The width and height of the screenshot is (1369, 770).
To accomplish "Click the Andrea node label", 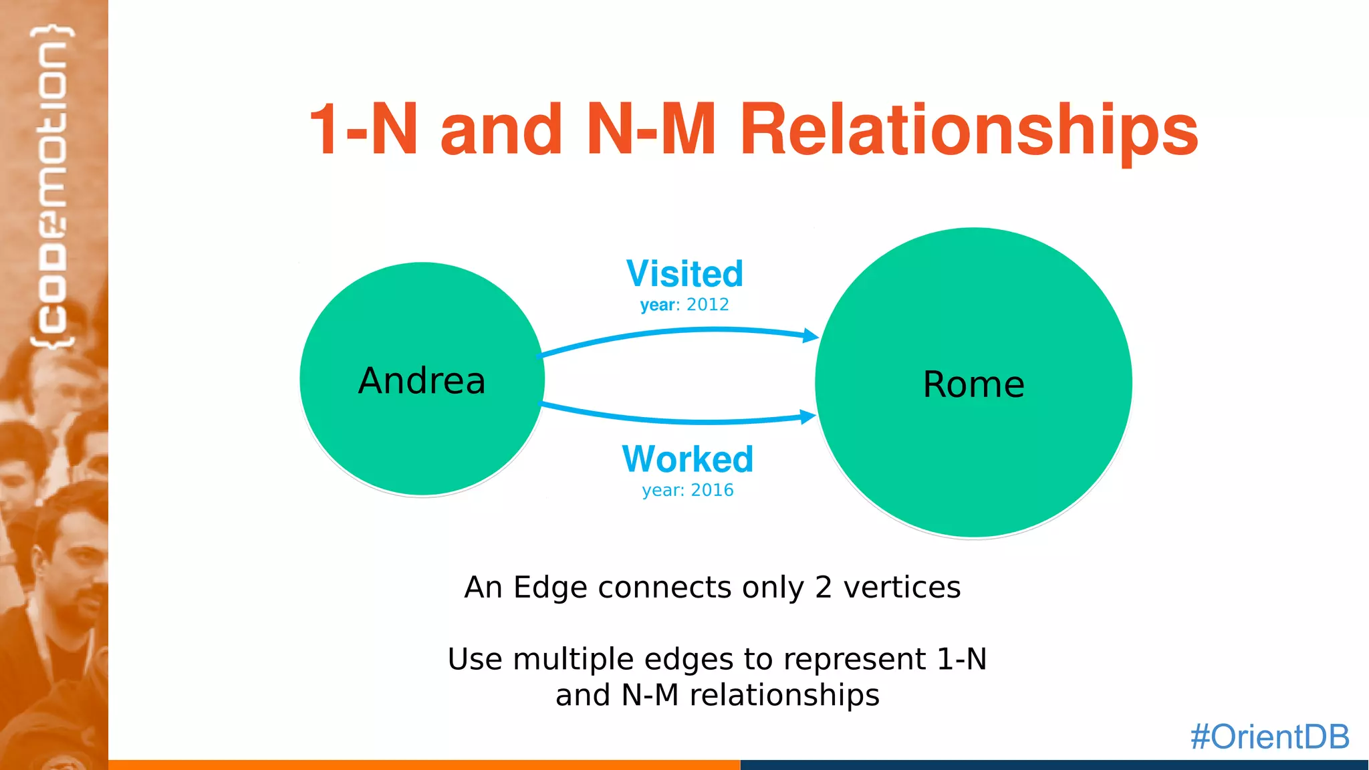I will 422,381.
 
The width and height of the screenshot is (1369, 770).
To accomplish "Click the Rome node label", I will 973,384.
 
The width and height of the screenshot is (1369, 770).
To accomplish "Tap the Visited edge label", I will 684,273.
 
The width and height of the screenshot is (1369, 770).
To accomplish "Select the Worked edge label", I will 687,459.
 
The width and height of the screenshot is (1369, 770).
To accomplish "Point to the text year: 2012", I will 684,305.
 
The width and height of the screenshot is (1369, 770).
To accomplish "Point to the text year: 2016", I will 687,491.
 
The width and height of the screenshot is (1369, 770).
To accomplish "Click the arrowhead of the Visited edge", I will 811,336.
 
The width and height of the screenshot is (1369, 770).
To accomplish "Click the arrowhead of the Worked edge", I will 808,416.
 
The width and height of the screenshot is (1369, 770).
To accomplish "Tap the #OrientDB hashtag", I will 1269,737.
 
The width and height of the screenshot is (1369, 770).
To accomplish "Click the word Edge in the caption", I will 550,588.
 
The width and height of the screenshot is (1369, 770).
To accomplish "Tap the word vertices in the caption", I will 902,588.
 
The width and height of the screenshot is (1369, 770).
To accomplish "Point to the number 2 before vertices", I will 823,588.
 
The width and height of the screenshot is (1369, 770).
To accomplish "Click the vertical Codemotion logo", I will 53,187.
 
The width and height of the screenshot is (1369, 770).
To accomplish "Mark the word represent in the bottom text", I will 854,660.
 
